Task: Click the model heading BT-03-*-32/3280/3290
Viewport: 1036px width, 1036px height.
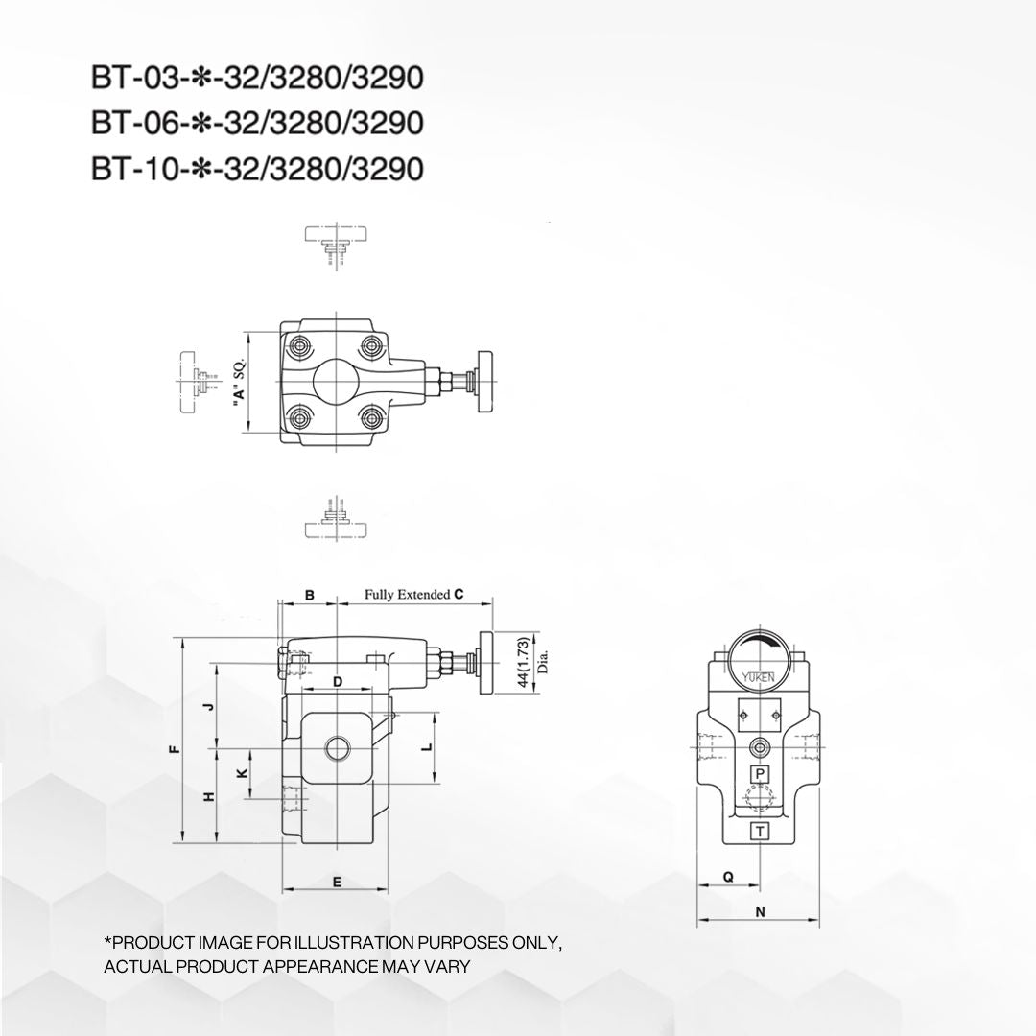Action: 256,78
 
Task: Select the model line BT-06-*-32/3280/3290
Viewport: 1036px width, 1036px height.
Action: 256,124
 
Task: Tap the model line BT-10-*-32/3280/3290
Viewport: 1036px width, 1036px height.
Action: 256,169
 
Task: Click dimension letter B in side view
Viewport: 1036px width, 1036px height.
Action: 309,596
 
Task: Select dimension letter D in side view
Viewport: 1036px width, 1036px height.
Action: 338,682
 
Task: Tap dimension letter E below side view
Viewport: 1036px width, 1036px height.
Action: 337,881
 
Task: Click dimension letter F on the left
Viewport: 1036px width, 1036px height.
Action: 173,750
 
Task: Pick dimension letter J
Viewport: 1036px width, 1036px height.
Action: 210,706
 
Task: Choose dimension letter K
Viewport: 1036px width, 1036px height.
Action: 242,772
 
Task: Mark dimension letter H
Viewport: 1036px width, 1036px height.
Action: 210,796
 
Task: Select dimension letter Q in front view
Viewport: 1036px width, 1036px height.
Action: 728,876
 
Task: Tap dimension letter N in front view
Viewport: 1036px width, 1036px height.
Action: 760,912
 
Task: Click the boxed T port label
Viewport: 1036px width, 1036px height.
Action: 760,831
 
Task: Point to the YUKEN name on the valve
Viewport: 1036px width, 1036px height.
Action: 760,678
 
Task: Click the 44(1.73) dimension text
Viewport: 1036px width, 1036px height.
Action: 522,662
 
